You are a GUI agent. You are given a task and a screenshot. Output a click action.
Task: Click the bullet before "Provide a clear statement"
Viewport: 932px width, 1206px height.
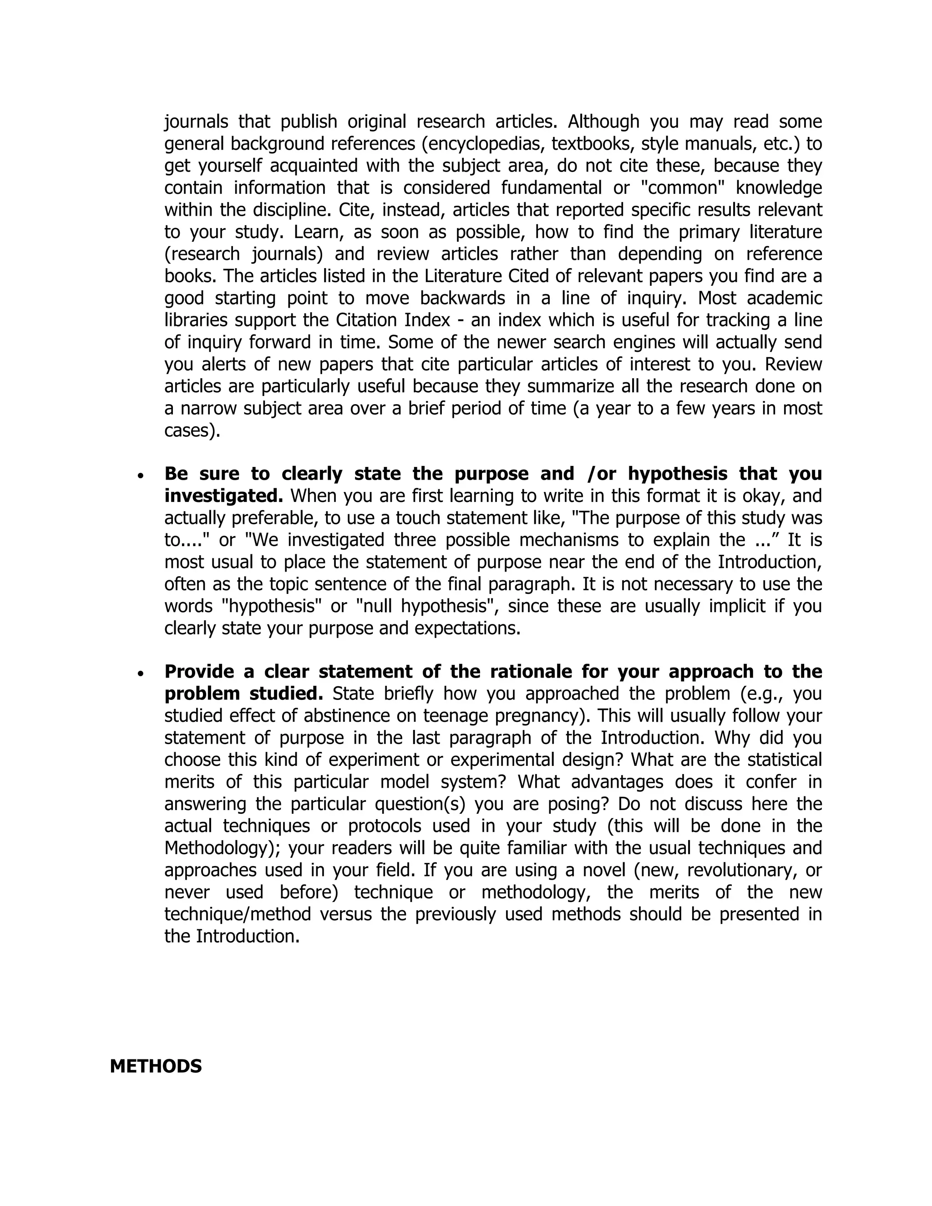click(x=142, y=673)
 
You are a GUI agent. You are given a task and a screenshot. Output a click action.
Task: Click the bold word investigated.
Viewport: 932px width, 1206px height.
click(x=223, y=496)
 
